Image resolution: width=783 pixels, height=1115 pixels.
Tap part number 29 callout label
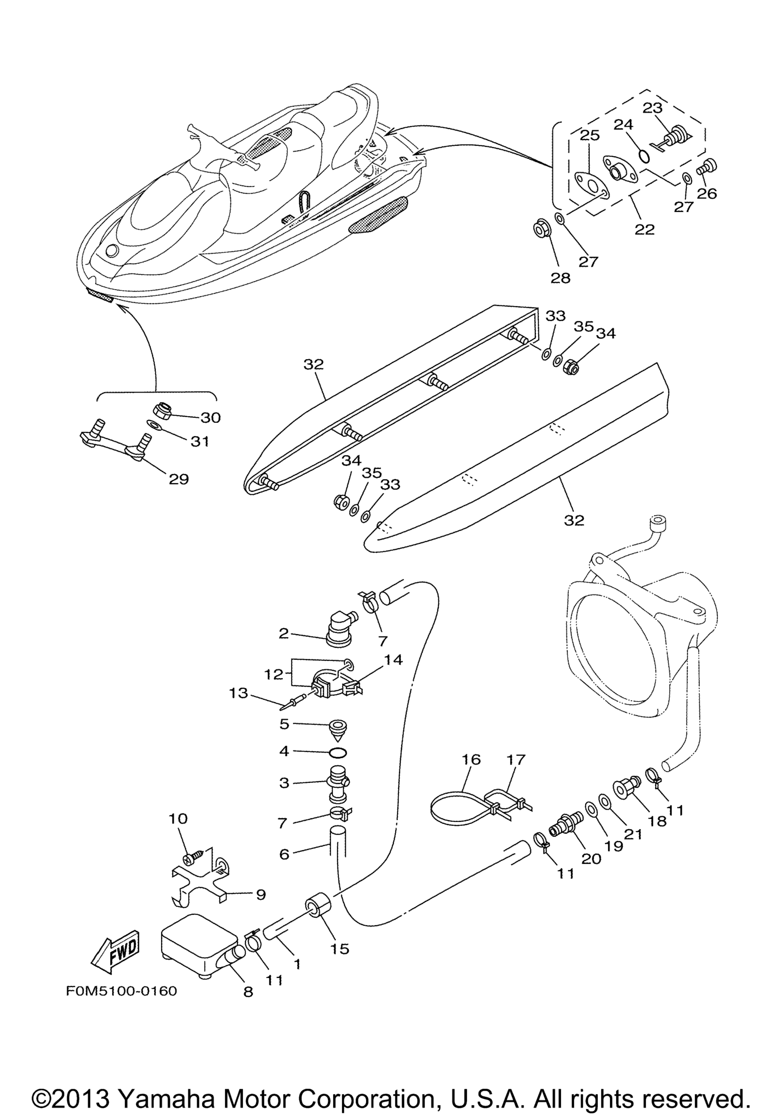178,479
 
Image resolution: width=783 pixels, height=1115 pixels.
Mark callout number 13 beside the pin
239,693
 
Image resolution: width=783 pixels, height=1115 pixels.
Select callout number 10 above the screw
178,819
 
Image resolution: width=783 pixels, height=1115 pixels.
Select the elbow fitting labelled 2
340,630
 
